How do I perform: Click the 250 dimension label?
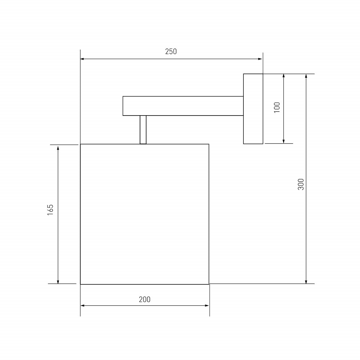[x=171, y=51]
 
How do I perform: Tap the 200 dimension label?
[x=145, y=300]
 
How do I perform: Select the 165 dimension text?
[x=50, y=210]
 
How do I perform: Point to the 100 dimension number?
[x=277, y=107]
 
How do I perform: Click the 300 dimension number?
[x=301, y=184]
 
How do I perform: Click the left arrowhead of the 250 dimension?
[x=82, y=59]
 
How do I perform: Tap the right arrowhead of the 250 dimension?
[x=260, y=59]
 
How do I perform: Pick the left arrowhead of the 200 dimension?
[x=83, y=306]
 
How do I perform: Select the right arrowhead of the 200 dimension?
[x=207, y=306]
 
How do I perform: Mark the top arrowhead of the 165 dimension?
[x=58, y=148]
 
